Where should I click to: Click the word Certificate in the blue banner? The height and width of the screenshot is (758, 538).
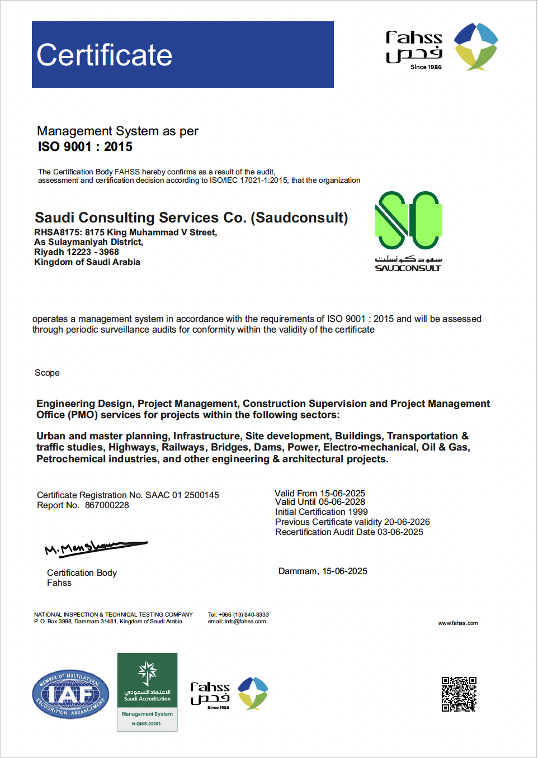(x=105, y=55)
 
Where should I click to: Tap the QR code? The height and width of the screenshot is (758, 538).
(x=459, y=694)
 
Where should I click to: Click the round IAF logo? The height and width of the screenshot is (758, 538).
(x=70, y=694)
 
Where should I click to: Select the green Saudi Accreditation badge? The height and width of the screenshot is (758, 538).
(x=147, y=691)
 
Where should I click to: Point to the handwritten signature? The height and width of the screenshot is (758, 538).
(x=95, y=547)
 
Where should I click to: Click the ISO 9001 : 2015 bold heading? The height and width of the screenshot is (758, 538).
(x=85, y=147)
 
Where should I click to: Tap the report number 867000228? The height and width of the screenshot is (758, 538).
(x=107, y=505)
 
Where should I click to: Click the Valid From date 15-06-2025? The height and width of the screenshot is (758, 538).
(x=342, y=493)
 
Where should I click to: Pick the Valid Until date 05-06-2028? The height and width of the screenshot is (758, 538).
(x=342, y=502)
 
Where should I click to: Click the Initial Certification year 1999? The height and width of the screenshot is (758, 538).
(x=358, y=512)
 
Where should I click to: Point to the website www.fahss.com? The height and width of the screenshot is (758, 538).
(x=458, y=623)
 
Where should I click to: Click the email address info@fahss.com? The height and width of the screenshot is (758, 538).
(x=245, y=622)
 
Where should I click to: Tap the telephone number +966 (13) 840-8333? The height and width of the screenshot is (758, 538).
(x=243, y=614)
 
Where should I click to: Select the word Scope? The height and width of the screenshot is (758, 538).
(x=47, y=373)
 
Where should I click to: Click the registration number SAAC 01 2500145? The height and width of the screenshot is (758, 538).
(x=182, y=495)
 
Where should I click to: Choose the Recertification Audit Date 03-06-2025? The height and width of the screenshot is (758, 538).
(x=400, y=532)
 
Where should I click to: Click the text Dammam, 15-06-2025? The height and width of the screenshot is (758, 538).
(x=323, y=571)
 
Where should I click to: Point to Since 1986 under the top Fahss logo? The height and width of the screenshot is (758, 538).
(x=426, y=67)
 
